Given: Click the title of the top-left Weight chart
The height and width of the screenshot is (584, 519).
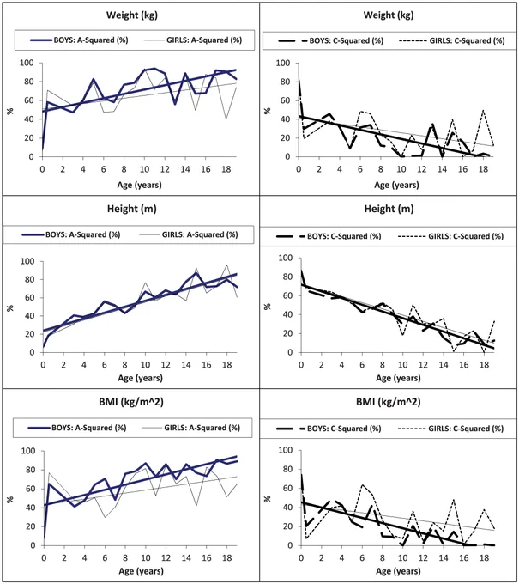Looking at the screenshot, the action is [x=132, y=15].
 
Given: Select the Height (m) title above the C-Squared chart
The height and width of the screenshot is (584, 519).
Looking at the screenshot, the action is [x=389, y=209].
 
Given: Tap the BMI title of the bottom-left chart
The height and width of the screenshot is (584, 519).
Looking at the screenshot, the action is [x=131, y=402].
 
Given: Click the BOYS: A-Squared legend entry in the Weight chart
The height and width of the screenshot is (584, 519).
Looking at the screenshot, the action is [x=79, y=40].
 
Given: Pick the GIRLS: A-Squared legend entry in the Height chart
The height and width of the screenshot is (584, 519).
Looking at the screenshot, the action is [x=189, y=234].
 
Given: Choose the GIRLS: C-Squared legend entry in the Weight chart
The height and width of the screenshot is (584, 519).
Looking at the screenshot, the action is [x=452, y=40].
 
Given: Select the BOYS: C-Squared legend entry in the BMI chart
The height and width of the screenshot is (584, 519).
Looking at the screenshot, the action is [x=329, y=429].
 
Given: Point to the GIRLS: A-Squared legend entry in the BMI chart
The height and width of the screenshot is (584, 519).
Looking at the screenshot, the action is [x=190, y=428].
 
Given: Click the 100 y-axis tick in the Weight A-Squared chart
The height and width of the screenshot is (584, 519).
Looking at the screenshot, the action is [x=27, y=63].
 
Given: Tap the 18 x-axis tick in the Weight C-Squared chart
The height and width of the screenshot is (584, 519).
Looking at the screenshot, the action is [x=483, y=169].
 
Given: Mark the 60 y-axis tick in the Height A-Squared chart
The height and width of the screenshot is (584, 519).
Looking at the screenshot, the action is [x=30, y=298].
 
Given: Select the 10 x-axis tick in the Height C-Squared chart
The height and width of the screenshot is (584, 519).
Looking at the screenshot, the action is [x=402, y=365].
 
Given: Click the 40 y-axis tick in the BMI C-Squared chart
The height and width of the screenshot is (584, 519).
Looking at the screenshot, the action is [x=288, y=508].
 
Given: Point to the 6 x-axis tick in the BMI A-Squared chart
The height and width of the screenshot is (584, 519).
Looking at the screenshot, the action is [x=105, y=558].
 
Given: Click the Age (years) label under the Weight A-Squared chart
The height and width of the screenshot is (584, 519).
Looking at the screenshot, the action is [x=140, y=185].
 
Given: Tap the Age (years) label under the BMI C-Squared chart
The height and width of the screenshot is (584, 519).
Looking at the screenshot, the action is [x=398, y=571].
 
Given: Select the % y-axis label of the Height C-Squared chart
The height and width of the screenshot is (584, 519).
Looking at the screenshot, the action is [x=268, y=307].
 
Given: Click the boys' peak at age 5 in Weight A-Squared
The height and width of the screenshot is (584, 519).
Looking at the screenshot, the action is [x=94, y=79].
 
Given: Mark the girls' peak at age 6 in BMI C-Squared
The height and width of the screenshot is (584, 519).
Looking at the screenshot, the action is [x=362, y=485].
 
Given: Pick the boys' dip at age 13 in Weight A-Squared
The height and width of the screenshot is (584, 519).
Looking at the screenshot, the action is [x=175, y=104].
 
